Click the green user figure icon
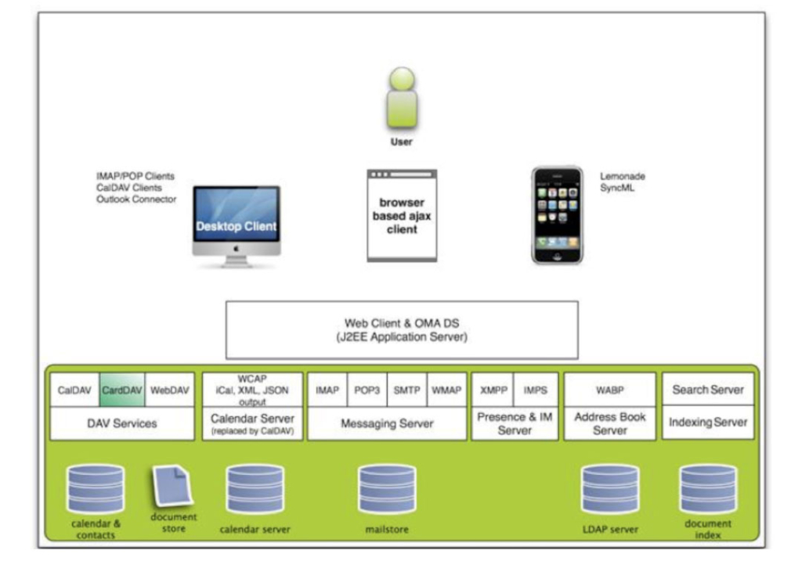(402, 99)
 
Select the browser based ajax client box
(401, 214)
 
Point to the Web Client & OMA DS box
(401, 329)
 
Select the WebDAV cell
(169, 390)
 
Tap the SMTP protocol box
(406, 390)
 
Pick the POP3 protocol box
(367, 390)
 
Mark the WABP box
(609, 390)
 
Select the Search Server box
(708, 390)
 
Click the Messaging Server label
(386, 423)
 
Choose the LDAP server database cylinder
(609, 490)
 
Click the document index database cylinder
(708, 490)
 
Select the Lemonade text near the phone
(623, 177)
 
